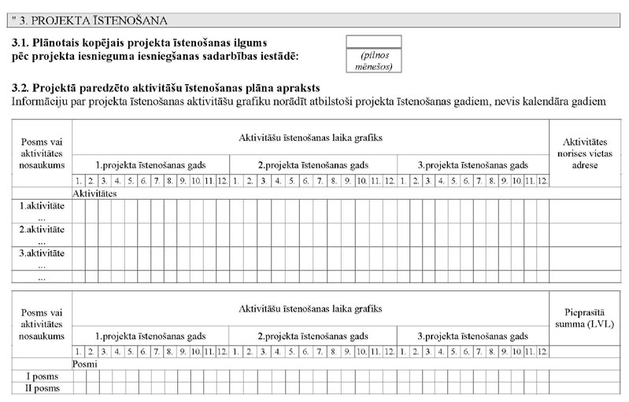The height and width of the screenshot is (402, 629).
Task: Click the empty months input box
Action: [373, 41]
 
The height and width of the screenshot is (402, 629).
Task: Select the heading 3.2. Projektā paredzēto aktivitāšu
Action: [166, 88]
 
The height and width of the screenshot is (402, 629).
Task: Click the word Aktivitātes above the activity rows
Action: [94, 192]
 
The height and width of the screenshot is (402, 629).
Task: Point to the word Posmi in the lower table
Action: [85, 364]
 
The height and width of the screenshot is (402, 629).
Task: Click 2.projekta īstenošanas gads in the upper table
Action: [313, 165]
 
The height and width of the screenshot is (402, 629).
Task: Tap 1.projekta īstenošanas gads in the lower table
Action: [150, 335]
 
